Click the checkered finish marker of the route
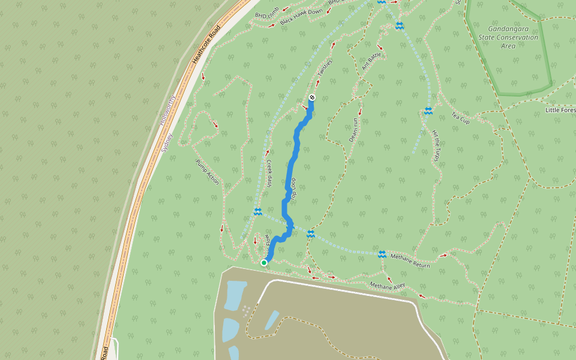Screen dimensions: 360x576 [312, 97]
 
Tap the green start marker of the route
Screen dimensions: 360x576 [264, 262]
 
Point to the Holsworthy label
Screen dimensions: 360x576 [167, 110]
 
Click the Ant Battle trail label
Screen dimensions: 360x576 [372, 61]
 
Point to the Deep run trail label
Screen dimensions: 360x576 [354, 130]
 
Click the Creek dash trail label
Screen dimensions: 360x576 [269, 173]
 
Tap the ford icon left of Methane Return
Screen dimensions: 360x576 [382, 254]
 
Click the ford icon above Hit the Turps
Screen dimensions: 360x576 [428, 111]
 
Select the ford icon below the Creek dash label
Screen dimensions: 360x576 [257, 211]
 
